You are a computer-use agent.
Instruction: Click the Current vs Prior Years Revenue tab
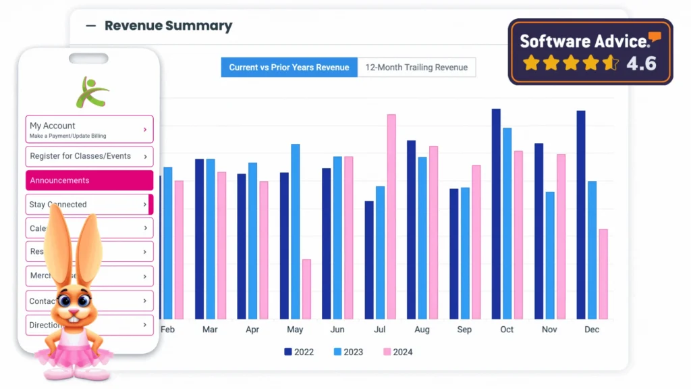click(289, 68)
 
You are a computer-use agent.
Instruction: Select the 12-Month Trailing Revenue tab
click(416, 68)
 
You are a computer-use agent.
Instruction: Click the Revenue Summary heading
click(168, 26)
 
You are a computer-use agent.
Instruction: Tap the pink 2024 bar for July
click(391, 216)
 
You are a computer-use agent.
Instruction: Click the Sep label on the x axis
click(464, 330)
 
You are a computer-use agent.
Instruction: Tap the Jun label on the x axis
click(337, 330)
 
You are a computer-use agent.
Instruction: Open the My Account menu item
click(89, 129)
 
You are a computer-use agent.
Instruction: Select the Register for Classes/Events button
click(89, 157)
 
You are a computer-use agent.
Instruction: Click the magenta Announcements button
click(89, 180)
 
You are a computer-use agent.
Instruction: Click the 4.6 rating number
click(641, 63)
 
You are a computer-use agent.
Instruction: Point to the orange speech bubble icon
click(655, 38)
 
